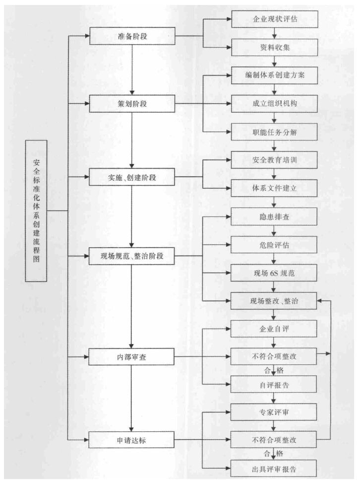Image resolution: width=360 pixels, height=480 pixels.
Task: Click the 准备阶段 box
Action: pos(131,36)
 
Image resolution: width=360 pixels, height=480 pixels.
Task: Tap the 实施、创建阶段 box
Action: pos(131,178)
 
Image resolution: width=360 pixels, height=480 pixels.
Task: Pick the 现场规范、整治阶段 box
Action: pos(131,257)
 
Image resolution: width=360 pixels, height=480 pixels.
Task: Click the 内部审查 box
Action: pos(131,356)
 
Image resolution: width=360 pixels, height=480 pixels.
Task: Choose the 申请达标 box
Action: pos(131,439)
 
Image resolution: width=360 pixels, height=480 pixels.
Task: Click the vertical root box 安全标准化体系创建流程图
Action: pos(36,210)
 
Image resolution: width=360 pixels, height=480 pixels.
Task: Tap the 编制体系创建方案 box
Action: pos(274,77)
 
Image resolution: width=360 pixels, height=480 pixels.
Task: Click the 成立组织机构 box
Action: pos(274,105)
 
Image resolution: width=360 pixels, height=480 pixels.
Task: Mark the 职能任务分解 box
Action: pos(274,133)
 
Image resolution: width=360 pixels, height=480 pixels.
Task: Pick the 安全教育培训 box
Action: pos(274,161)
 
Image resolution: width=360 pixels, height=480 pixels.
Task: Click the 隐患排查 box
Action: pos(274,217)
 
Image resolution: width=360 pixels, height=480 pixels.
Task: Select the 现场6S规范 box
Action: pos(274,273)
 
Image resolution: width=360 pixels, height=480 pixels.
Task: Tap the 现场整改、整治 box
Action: pos(274,301)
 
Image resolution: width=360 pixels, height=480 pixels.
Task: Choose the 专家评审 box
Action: pos(274,411)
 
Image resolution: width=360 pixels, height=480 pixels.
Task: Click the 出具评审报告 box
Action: pos(274,467)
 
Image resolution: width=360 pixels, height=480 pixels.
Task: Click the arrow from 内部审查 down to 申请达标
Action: pos(132,397)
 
